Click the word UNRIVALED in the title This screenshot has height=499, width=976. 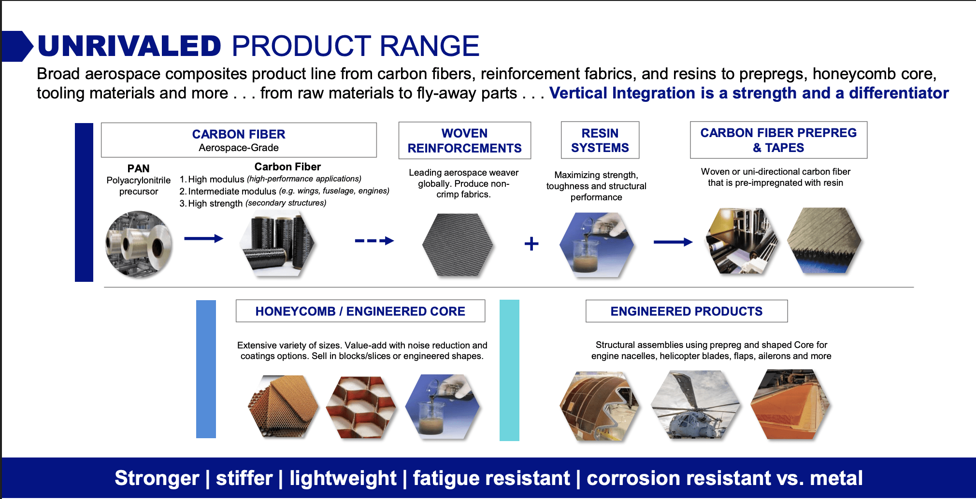129,46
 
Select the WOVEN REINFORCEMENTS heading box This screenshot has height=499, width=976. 464,140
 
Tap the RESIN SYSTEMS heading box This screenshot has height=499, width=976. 600,140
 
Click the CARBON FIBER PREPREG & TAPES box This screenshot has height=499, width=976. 778,140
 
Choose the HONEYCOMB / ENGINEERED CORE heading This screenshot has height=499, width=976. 360,311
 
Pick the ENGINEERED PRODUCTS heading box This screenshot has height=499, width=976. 686,311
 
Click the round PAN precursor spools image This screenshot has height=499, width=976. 139,244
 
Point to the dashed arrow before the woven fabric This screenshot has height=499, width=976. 374,240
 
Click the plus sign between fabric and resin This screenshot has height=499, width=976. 531,243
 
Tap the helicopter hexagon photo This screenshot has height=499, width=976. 695,404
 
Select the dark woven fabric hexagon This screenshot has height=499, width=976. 458,245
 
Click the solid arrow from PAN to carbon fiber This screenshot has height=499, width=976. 203,238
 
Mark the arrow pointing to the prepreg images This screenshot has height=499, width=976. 673,242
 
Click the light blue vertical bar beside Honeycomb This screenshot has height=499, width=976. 206,369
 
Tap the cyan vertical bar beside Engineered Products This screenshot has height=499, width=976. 509,370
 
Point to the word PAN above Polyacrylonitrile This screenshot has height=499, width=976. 138,168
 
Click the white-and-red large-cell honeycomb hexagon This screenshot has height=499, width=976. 361,407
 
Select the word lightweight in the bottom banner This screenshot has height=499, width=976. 343,478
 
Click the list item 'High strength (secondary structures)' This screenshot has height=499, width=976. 252,203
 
